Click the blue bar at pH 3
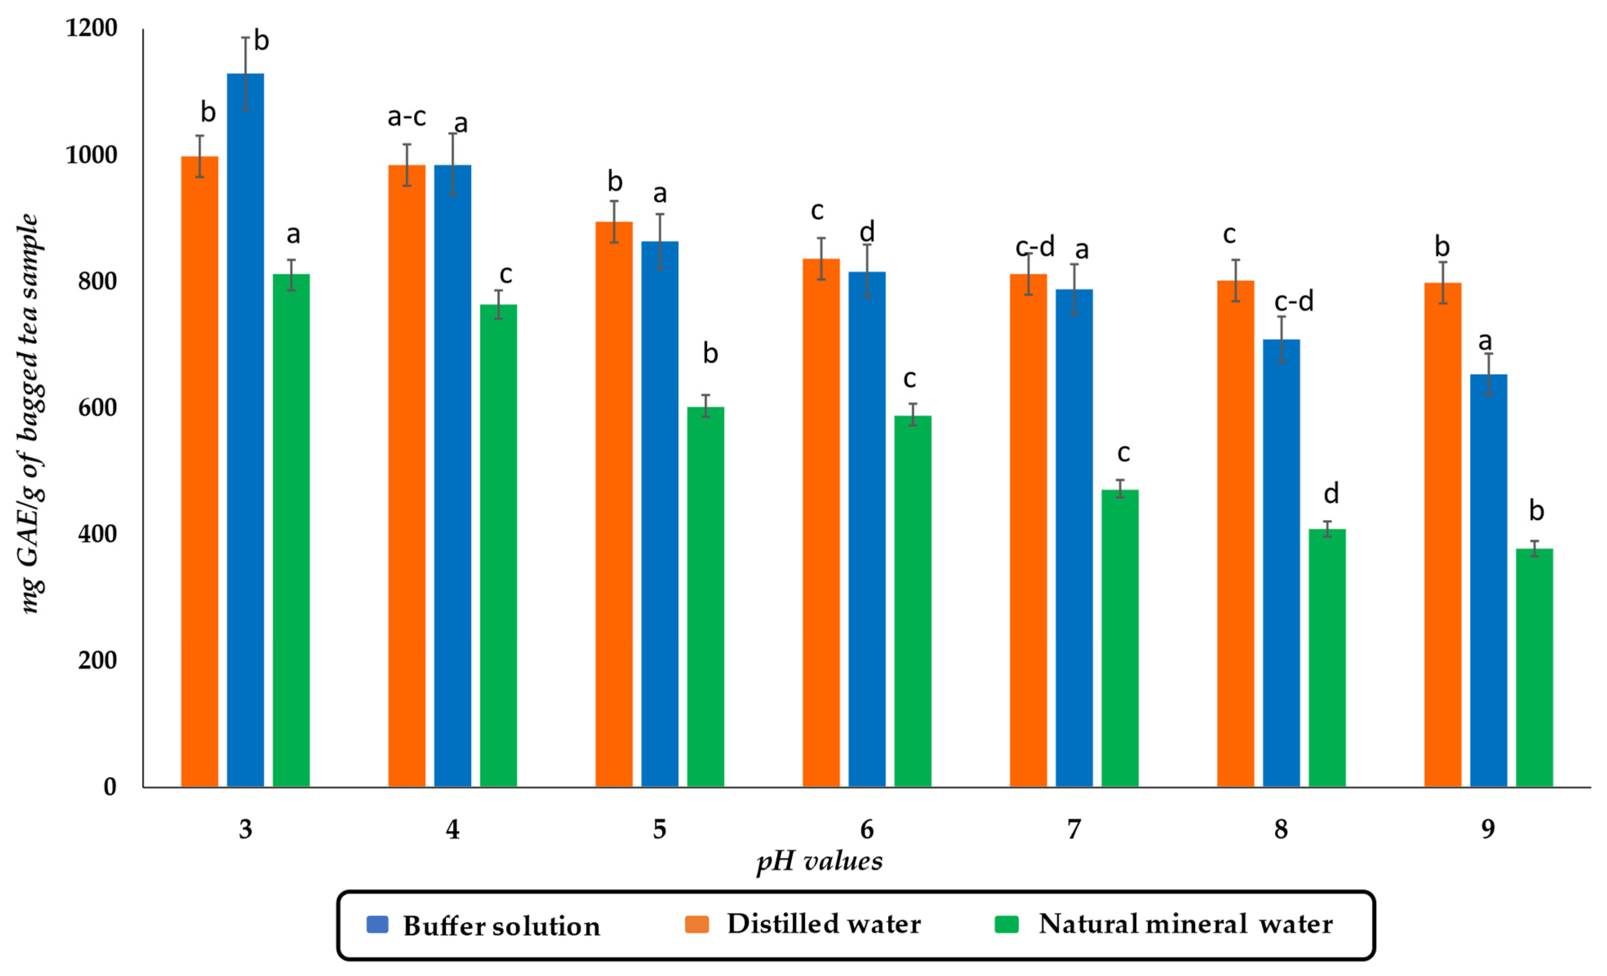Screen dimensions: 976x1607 [x=245, y=430]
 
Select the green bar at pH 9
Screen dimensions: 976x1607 [x=1534, y=668]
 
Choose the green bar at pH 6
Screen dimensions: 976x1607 [x=912, y=600]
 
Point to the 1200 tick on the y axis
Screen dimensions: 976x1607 [x=91, y=28]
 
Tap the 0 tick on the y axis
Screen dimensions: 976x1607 [x=110, y=786]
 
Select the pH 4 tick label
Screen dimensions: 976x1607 [x=452, y=829]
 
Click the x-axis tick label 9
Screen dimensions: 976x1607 [x=1487, y=829]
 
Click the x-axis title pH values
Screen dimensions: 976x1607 [x=819, y=861]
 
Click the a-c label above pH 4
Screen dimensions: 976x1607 [x=406, y=117]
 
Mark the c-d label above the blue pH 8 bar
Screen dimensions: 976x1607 [x=1294, y=301]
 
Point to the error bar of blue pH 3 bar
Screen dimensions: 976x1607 [x=245, y=73]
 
